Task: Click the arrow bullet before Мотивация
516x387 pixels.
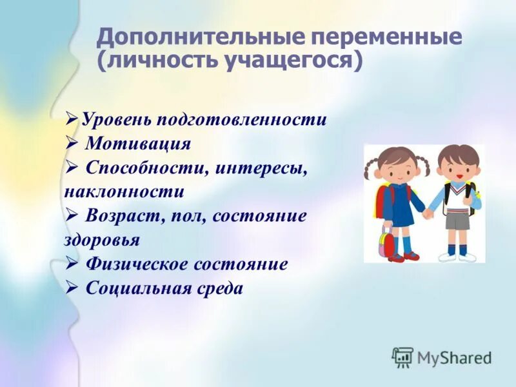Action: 72,143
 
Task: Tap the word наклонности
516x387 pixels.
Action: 124,192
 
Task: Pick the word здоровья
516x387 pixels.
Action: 102,240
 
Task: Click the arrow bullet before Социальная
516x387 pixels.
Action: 72,288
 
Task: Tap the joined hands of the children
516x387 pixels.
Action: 427,213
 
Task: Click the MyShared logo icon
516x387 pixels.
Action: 403,357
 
